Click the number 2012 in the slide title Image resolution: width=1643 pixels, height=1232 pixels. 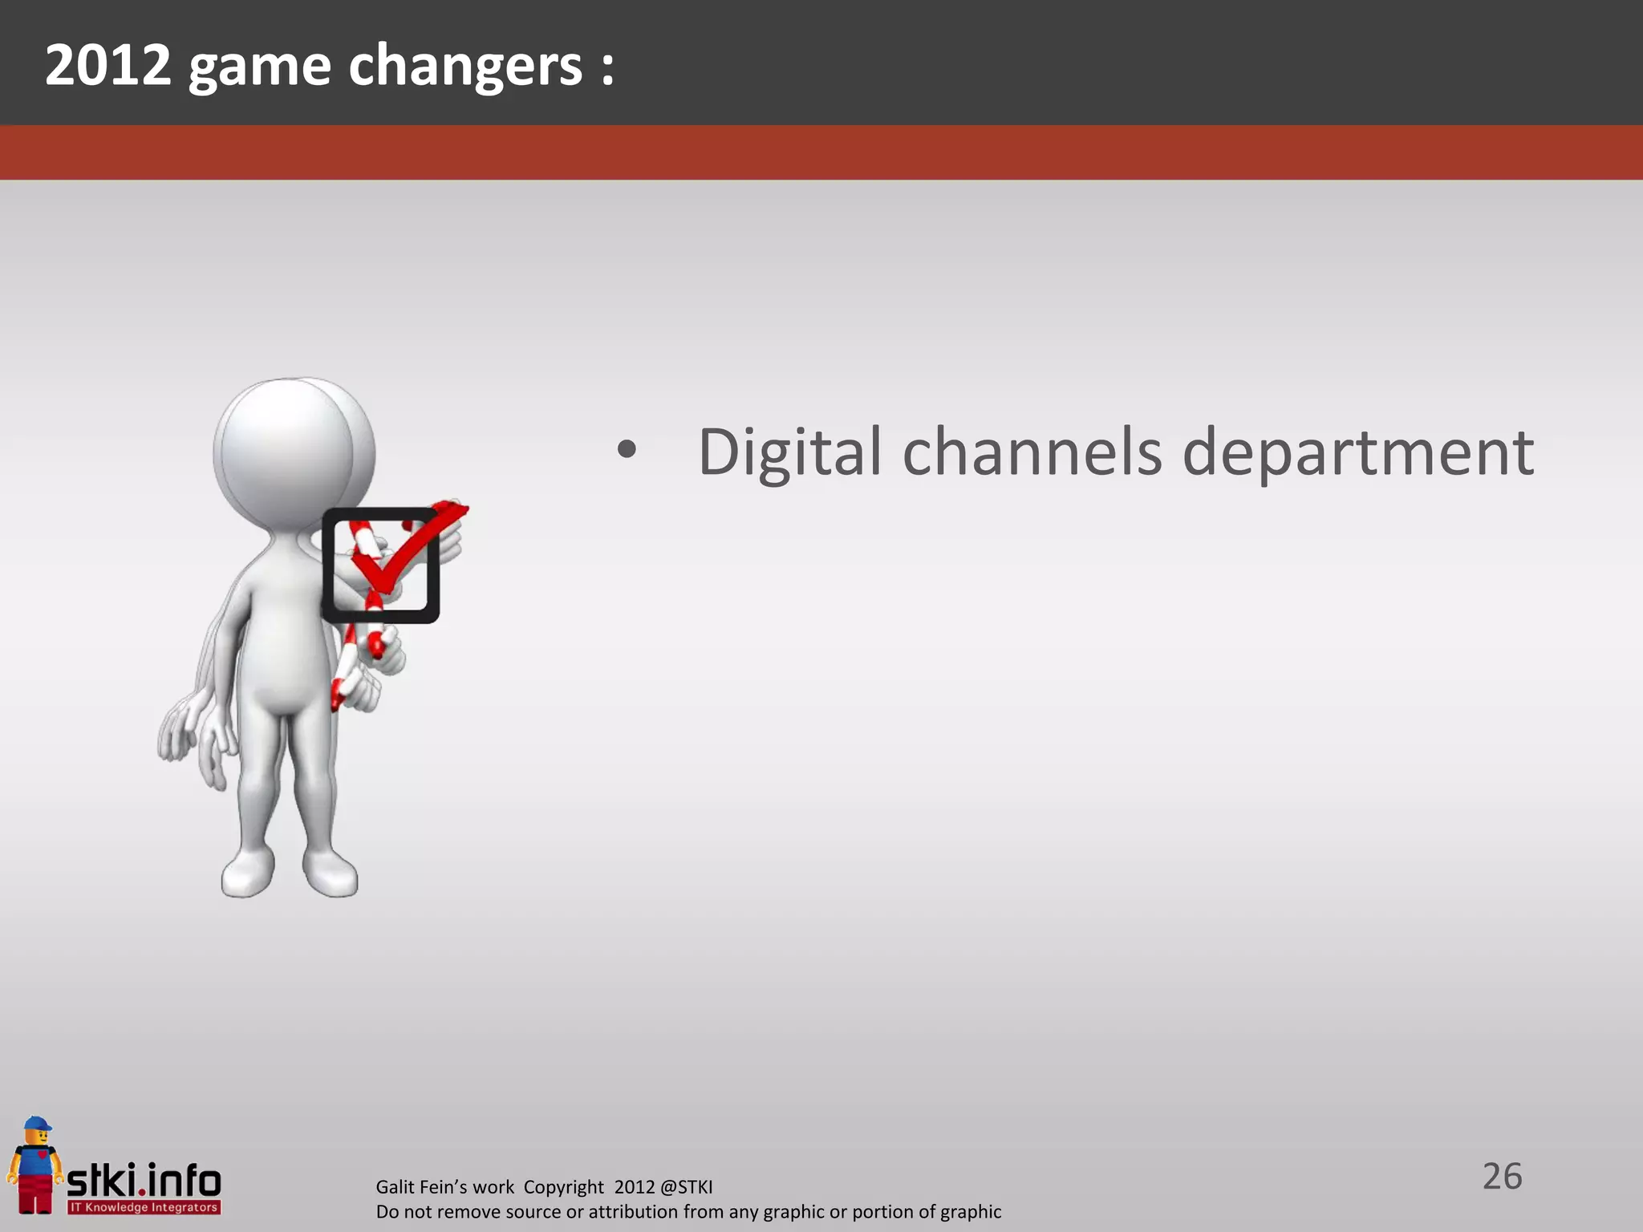[108, 65]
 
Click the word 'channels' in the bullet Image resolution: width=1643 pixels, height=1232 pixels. [1032, 452]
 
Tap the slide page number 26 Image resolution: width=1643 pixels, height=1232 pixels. [1502, 1177]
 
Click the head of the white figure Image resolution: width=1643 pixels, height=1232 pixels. [285, 453]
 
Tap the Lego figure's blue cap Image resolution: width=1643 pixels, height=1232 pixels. [37, 1124]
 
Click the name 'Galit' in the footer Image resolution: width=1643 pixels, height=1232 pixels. [395, 1187]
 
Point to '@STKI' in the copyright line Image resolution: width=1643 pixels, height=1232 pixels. [685, 1187]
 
